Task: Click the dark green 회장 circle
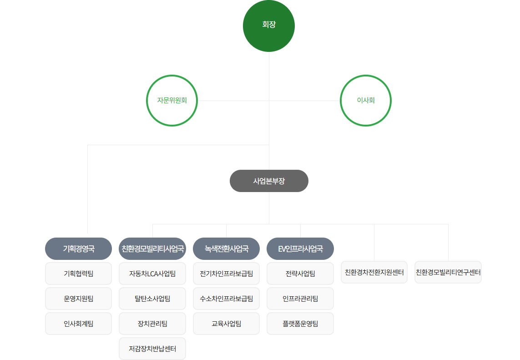(x=269, y=25)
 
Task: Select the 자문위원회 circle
(x=172, y=101)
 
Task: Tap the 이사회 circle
(x=366, y=101)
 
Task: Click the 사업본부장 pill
(x=269, y=181)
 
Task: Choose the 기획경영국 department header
(x=78, y=248)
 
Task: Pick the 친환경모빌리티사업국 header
(x=152, y=248)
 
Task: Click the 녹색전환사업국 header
(x=226, y=248)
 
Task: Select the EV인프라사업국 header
(x=300, y=248)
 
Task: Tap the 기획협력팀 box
(x=78, y=274)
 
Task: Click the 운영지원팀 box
(x=78, y=299)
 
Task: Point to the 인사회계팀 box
(x=78, y=324)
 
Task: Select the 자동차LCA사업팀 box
(x=152, y=274)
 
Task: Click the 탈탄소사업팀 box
(x=152, y=299)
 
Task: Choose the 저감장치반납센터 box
(x=152, y=349)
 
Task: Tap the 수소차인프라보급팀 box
(x=226, y=299)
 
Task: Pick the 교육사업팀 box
(x=226, y=324)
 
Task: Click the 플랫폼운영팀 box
(x=300, y=324)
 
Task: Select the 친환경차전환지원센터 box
(x=374, y=272)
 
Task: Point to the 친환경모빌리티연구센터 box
(x=448, y=272)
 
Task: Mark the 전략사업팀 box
(x=300, y=274)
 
